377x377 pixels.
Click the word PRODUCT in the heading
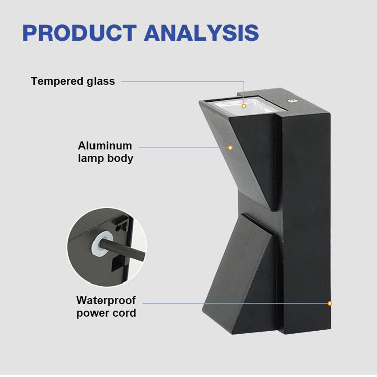pos(79,33)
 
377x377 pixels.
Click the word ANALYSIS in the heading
pos(202,33)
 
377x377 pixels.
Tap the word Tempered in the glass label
pos(57,82)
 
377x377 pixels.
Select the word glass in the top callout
pos(101,82)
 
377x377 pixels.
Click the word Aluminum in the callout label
pos(105,146)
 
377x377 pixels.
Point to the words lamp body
pos(106,159)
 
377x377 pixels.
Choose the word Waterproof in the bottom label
pos(106,300)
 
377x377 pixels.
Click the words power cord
pos(106,313)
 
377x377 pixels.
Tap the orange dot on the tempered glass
pos(244,106)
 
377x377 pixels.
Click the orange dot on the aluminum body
pos(230,148)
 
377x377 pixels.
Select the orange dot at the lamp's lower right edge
pos(330,303)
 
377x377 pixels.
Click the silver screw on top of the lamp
pos(292,101)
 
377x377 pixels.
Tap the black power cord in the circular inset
pos(123,250)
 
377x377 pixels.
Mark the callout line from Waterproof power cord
pos(236,303)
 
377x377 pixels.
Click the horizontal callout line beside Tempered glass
pos(182,82)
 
